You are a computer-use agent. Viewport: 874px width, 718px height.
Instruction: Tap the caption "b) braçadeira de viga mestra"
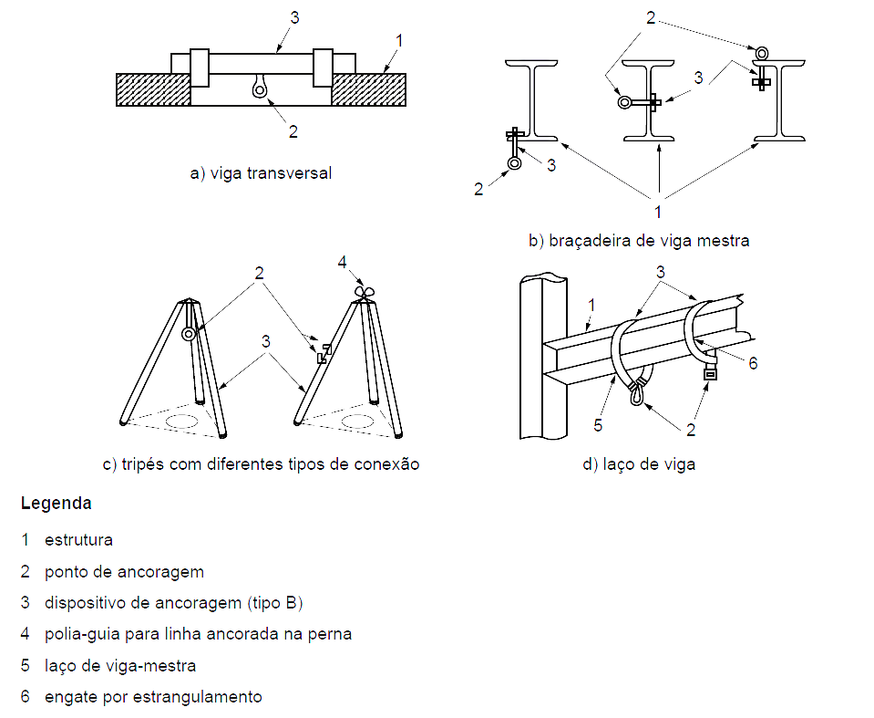[x=639, y=241]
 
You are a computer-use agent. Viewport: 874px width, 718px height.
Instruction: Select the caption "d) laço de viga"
[x=638, y=463]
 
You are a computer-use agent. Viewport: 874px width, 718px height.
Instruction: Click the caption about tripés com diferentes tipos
[x=261, y=463]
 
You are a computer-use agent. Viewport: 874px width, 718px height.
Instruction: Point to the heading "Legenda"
[x=56, y=503]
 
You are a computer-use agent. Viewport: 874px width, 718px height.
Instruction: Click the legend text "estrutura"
[x=78, y=539]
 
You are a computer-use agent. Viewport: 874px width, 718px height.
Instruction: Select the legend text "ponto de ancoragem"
[x=124, y=572]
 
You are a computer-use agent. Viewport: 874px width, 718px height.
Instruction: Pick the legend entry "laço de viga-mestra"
[x=120, y=665]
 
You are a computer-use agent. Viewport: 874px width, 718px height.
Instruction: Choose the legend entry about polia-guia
[x=198, y=634]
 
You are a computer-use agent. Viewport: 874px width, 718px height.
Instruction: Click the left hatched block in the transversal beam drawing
[x=152, y=89]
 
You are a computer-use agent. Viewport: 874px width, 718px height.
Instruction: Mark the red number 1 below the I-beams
[x=658, y=212]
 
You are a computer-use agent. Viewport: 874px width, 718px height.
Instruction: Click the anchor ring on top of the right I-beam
[x=760, y=50]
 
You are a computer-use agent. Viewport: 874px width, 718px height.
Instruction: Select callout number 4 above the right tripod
[x=343, y=262]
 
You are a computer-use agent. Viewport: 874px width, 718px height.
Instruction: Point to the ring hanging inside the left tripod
[x=189, y=334]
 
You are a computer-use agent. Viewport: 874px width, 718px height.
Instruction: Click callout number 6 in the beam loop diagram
[x=753, y=362]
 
